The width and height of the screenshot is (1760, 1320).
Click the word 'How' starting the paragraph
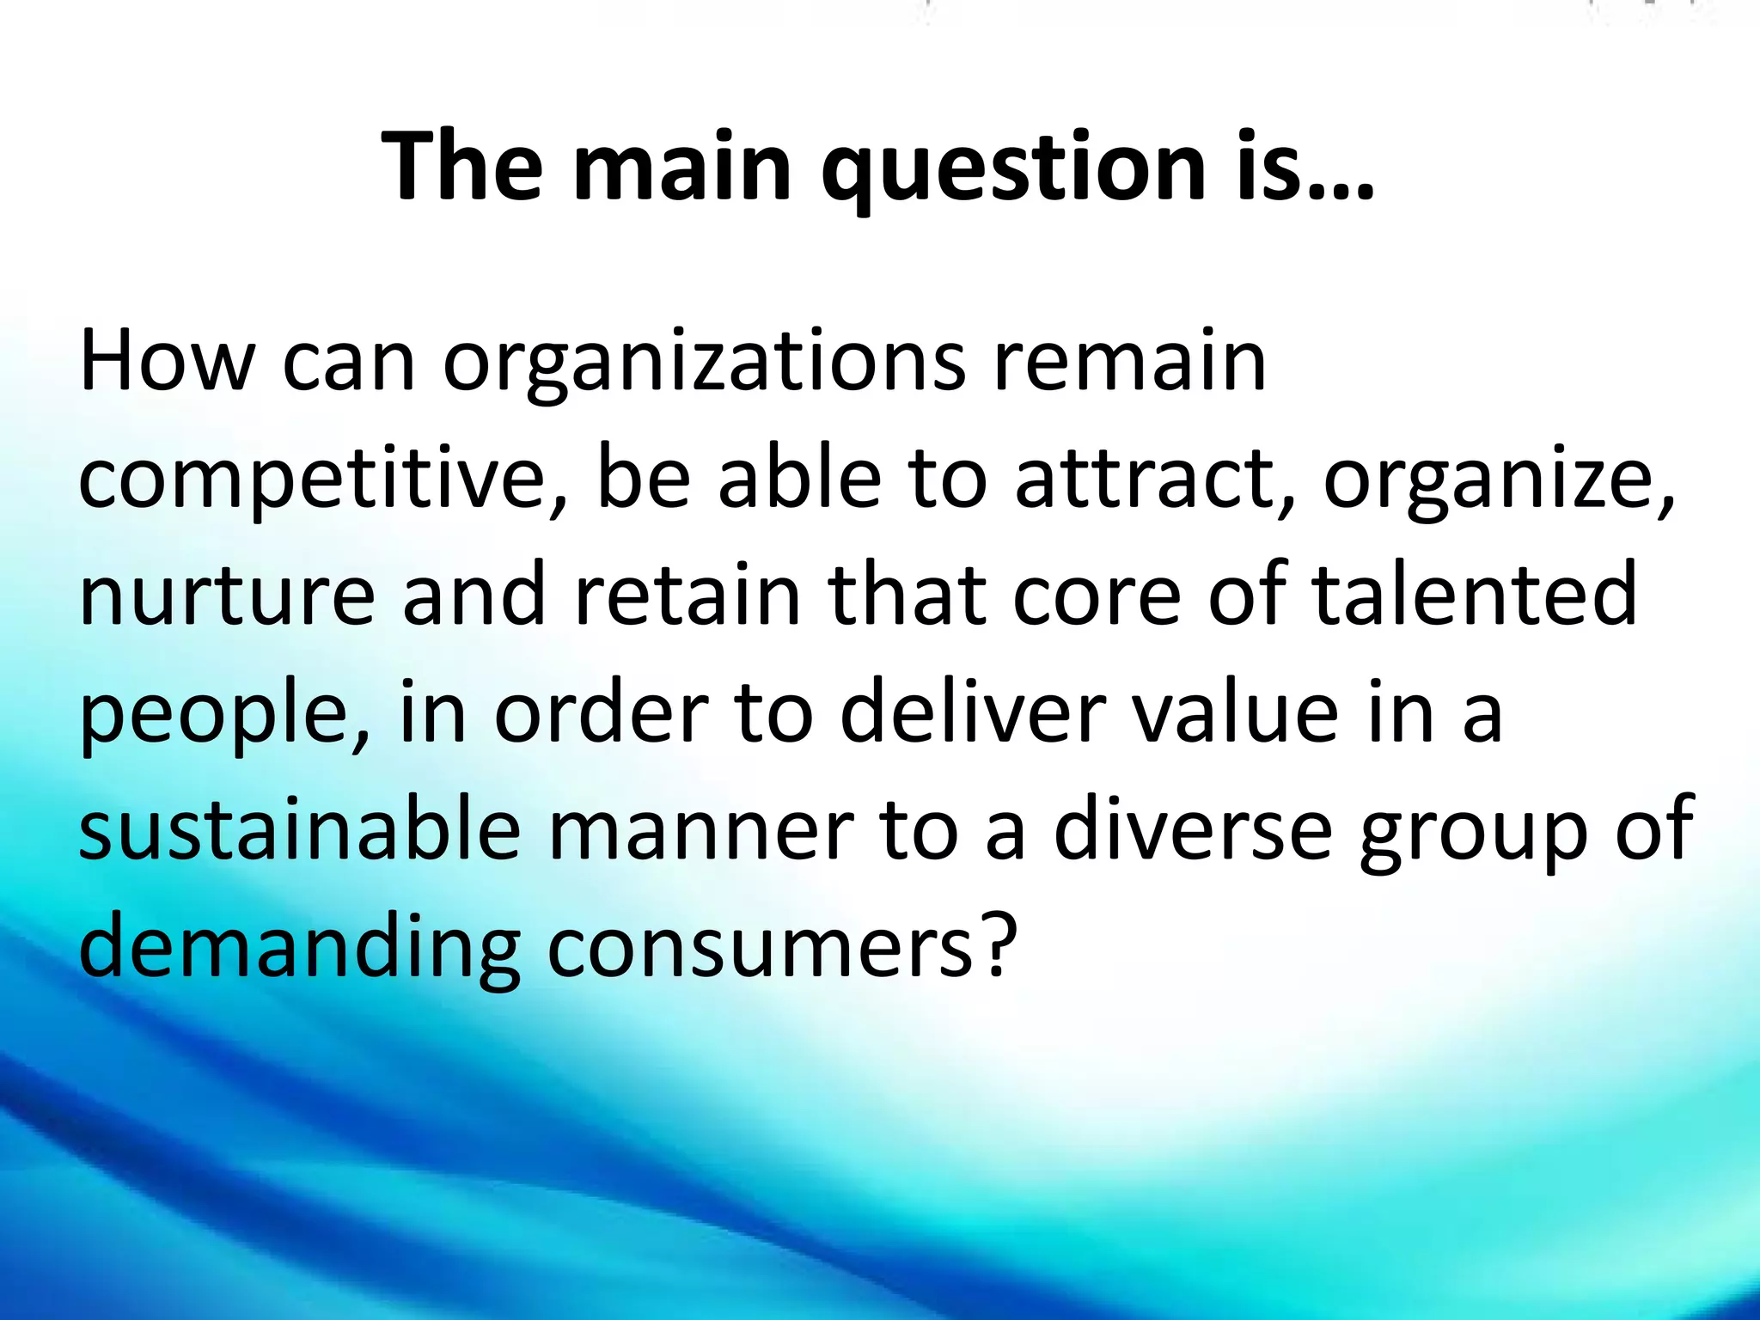pyautogui.click(x=164, y=362)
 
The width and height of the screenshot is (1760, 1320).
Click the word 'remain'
pyautogui.click(x=1129, y=362)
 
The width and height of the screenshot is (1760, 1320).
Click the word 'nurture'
pyautogui.click(x=227, y=596)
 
